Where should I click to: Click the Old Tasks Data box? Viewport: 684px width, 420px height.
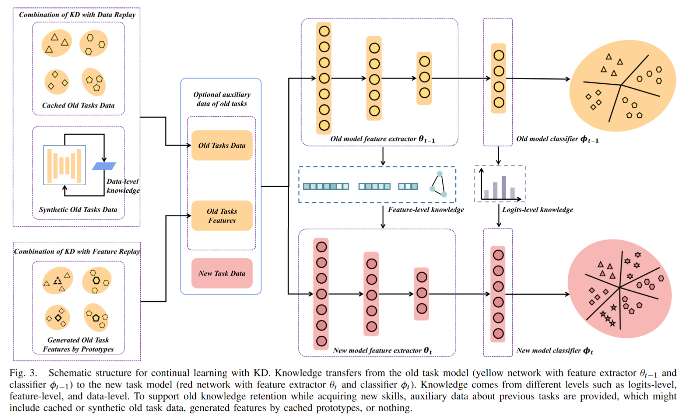(x=222, y=146)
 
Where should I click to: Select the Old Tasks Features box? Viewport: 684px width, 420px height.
(x=222, y=216)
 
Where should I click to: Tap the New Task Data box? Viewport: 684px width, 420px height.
(x=222, y=273)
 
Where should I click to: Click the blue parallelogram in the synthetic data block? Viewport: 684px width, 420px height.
(x=104, y=166)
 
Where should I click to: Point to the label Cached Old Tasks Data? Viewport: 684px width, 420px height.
(x=78, y=105)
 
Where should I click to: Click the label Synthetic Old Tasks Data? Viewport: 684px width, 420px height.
(x=78, y=210)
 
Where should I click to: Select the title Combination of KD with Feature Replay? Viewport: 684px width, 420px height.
(x=77, y=252)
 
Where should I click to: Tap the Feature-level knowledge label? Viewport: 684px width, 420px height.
(x=426, y=210)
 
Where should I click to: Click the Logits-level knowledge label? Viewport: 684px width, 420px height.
(x=537, y=210)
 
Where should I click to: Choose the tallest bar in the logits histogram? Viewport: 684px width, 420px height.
(x=504, y=187)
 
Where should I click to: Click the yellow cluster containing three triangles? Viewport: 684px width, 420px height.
(x=57, y=43)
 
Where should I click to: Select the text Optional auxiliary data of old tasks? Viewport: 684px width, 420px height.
(x=222, y=99)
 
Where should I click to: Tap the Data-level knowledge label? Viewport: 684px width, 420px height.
(x=123, y=186)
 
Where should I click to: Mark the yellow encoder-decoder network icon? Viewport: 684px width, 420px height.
(x=65, y=165)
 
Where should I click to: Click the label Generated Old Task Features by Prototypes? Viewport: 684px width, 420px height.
(x=78, y=344)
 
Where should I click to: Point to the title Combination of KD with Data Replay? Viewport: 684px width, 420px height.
(x=77, y=15)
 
